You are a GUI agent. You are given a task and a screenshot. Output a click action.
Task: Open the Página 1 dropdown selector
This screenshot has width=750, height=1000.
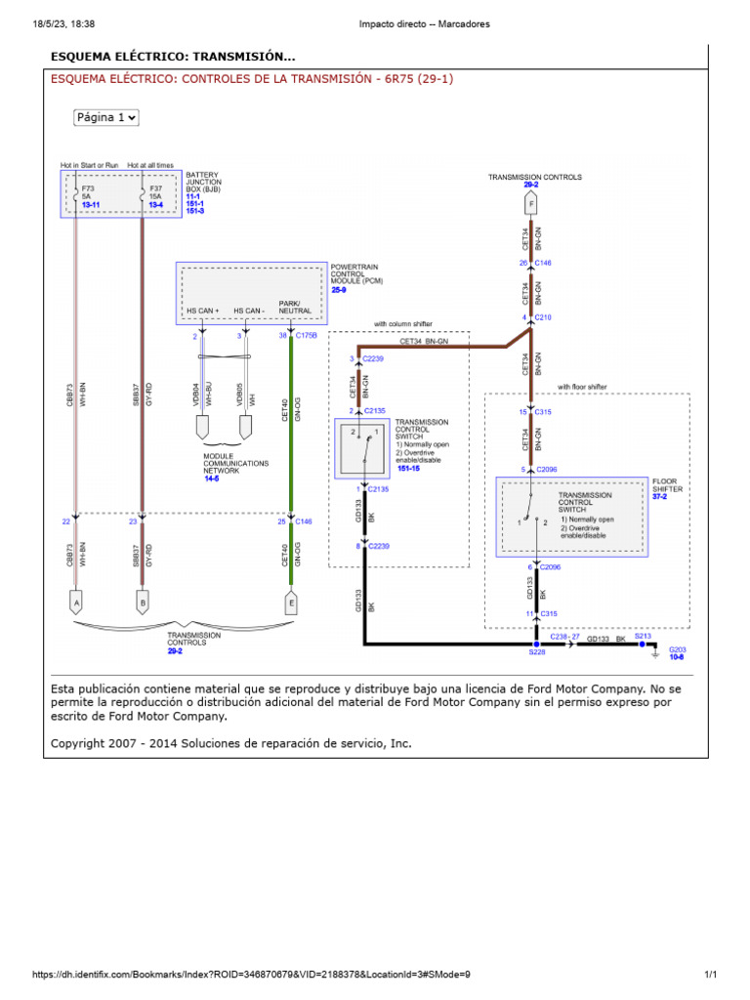[106, 117]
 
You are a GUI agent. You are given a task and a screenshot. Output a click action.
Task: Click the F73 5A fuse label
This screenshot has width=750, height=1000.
[88, 190]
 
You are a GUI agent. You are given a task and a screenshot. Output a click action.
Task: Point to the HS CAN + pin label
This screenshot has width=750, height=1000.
[204, 311]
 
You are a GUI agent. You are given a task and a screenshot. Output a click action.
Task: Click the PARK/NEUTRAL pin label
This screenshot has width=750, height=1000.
[295, 307]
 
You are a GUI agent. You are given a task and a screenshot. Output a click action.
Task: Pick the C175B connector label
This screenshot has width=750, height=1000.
[309, 335]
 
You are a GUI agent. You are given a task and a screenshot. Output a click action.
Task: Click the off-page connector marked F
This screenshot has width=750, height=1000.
[530, 204]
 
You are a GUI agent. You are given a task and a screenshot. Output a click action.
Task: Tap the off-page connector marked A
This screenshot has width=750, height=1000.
[75, 604]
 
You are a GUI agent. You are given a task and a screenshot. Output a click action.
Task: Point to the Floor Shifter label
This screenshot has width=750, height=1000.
[666, 484]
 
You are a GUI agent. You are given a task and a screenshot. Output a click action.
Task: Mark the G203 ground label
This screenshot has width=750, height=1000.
[678, 648]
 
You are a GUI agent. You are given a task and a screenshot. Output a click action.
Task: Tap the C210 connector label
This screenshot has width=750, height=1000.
[543, 317]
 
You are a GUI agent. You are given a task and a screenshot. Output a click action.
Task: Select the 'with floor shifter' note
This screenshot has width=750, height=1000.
[582, 387]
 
